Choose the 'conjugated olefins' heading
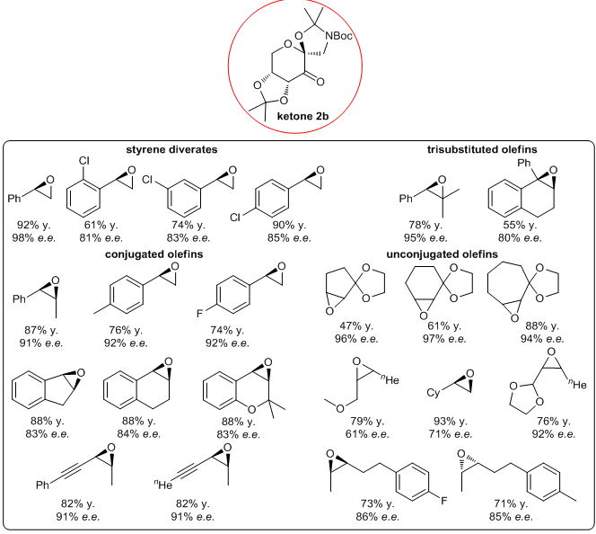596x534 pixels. pyautogui.click(x=153, y=254)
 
